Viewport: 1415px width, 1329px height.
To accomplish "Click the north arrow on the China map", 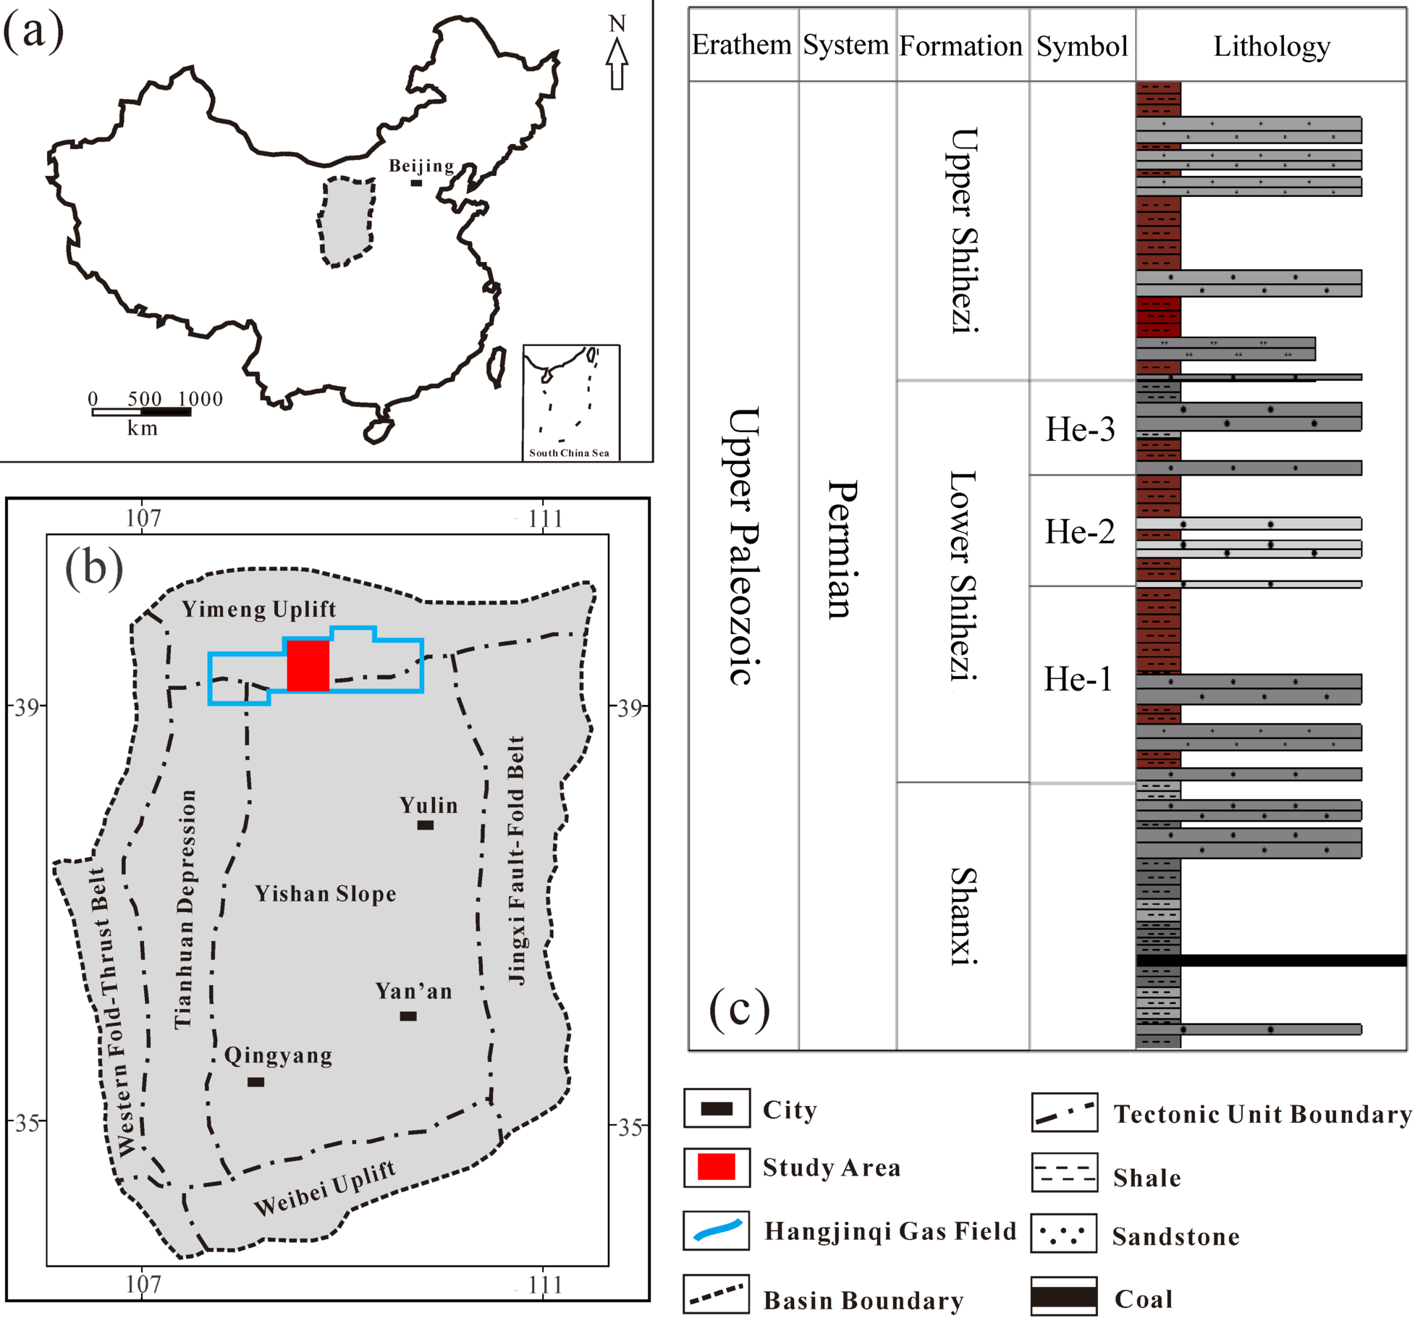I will coord(617,64).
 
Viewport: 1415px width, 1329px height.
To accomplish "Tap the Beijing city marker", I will coord(416,183).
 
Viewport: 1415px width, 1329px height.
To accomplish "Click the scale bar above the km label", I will coord(141,412).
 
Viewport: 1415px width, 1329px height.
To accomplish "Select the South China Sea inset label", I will coord(569,453).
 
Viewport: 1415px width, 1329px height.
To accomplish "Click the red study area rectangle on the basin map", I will coord(308,665).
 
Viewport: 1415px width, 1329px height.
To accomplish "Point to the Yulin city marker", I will coord(426,825).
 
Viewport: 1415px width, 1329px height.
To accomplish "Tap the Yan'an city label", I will coord(414,991).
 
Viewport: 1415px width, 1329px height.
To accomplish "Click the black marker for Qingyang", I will coord(255,1082).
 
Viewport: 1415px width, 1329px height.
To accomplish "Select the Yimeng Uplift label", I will coord(258,609).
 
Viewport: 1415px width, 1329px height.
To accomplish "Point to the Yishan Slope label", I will coord(326,894).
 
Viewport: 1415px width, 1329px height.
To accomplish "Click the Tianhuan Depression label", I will coord(185,908).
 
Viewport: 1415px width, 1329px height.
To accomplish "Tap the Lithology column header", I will coord(1271,46).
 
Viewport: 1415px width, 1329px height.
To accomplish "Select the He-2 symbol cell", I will coord(1080,532).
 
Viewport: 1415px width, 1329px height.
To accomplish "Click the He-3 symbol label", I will coord(1080,429).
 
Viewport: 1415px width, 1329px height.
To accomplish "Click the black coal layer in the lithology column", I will coord(1271,961).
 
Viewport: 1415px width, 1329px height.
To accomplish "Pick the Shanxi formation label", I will coord(963,916).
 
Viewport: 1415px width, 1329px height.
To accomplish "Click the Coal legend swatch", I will coord(1064,1296).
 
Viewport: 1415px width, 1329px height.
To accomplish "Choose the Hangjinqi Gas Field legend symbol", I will coord(717,1231).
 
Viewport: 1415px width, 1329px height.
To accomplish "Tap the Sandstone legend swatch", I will coord(1064,1233).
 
